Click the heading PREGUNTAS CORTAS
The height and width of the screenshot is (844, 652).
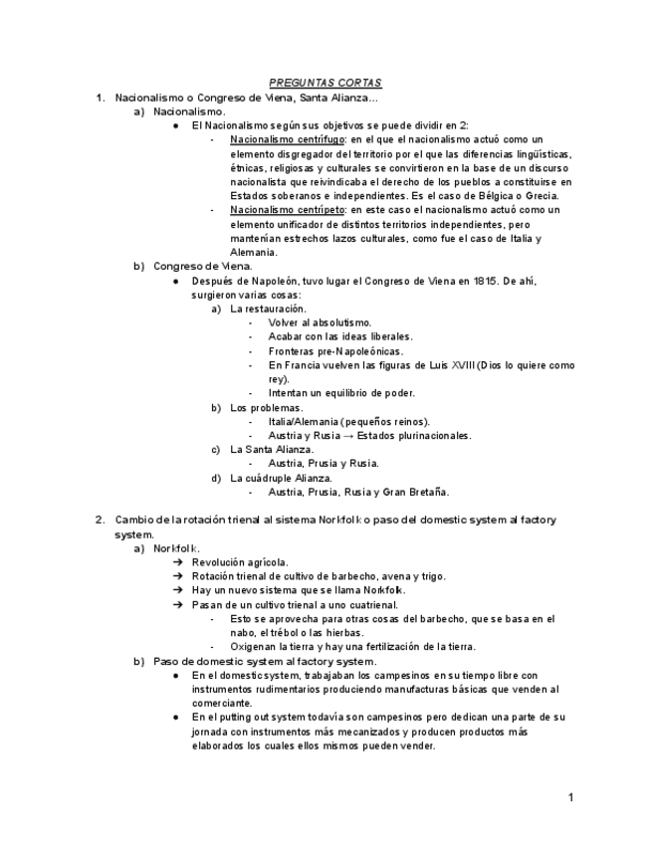click(326, 84)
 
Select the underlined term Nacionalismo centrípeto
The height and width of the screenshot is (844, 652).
click(282, 210)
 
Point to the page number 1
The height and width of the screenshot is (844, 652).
click(570, 797)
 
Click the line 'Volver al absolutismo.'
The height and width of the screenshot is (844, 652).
click(320, 322)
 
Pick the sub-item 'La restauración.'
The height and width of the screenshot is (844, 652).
click(267, 309)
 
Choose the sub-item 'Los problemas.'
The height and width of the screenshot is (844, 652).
click(267, 407)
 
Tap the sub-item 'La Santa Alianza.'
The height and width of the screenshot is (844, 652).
click(272, 449)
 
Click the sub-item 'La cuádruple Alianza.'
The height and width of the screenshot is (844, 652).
click(281, 478)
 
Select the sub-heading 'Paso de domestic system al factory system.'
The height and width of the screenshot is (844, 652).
click(264, 661)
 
